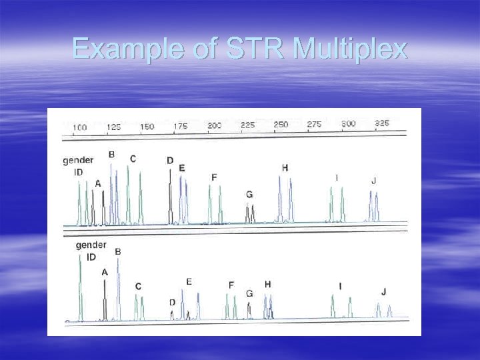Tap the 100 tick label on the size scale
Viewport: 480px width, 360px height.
tap(79, 127)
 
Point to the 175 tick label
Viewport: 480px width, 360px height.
tap(180, 127)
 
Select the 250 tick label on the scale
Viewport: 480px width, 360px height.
tap(281, 125)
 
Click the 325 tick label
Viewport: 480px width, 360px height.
tap(381, 124)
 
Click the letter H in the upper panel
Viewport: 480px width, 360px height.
tap(285, 168)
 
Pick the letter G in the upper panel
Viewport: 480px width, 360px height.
tap(249, 195)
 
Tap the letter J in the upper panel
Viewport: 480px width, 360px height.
tap(373, 181)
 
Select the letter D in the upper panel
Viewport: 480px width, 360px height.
tap(170, 161)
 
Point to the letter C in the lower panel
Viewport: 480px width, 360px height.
tap(138, 287)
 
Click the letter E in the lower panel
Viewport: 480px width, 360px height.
tap(189, 282)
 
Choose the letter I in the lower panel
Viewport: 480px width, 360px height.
tap(340, 287)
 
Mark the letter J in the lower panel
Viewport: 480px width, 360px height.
tap(383, 292)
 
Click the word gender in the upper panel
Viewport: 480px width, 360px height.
tap(78, 160)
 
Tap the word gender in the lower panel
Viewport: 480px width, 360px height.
tap(91, 245)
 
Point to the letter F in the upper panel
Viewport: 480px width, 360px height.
tap(214, 177)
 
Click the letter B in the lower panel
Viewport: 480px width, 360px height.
tap(118, 252)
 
